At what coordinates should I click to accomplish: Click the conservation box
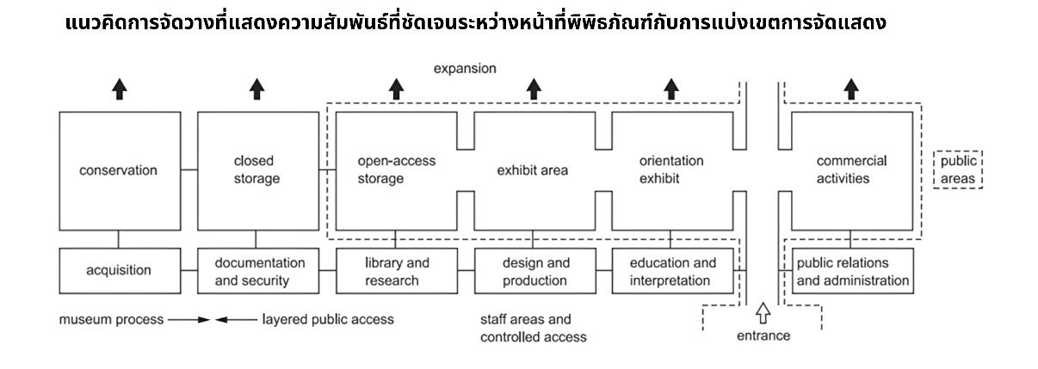(x=119, y=170)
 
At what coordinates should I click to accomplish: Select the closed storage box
(x=256, y=170)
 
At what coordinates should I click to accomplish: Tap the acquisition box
(x=119, y=270)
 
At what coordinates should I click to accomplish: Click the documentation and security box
(x=256, y=270)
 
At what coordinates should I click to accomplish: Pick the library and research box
(x=396, y=270)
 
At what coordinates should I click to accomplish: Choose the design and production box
(x=534, y=270)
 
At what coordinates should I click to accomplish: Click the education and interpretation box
(x=672, y=270)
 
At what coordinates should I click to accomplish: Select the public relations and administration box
(x=851, y=270)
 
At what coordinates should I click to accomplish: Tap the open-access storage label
(x=396, y=170)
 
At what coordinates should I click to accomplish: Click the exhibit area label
(x=533, y=170)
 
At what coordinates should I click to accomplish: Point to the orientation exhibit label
(x=671, y=170)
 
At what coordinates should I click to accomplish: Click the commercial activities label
(x=851, y=170)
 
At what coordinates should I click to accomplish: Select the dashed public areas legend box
(x=958, y=170)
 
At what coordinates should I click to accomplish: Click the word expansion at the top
(x=465, y=68)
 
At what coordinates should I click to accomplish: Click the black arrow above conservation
(x=119, y=89)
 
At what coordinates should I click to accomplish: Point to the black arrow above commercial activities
(x=851, y=89)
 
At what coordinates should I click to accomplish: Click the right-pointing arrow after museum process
(x=190, y=319)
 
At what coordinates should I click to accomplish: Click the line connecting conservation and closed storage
(x=188, y=170)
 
